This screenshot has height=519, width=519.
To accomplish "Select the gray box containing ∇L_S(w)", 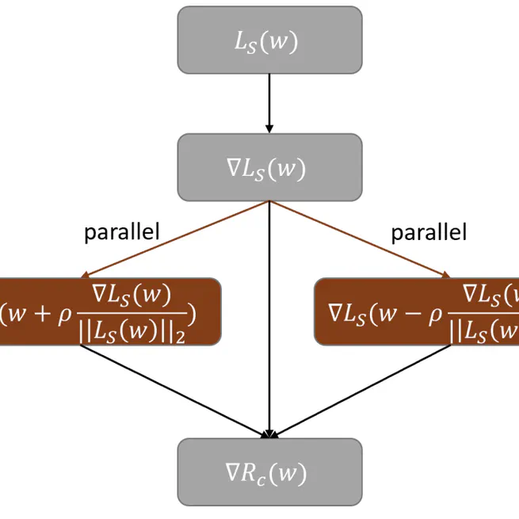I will [269, 167].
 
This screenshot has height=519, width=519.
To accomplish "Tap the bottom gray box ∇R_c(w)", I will [269, 472].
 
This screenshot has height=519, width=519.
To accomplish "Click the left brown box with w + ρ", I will [109, 311].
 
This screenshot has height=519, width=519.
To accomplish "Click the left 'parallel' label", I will [122, 232].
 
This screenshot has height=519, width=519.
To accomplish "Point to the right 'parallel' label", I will [429, 232].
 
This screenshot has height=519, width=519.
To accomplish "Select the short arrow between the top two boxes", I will [269, 103].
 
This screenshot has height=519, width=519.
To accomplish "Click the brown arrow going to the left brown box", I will [174, 239].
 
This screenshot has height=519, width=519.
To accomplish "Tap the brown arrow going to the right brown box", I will [361, 239].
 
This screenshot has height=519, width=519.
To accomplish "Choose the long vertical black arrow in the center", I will [270, 317].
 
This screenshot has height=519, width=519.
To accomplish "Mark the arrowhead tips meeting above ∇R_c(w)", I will [270, 435].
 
